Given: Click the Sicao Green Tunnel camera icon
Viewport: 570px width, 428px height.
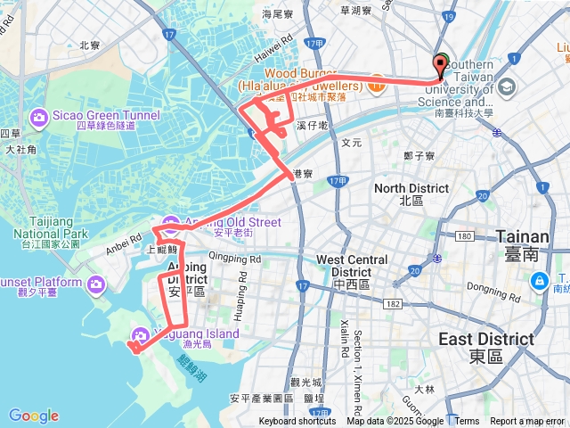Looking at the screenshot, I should pos(39,117).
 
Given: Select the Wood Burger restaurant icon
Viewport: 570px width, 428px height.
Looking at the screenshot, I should pos(376,79).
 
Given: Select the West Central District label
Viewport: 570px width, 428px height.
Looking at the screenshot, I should pos(353,266).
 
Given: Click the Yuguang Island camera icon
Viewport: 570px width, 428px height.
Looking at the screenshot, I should pos(139,335).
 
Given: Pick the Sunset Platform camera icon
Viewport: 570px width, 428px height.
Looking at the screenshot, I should pos(95,284).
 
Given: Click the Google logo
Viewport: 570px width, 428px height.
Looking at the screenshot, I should pos(34,416).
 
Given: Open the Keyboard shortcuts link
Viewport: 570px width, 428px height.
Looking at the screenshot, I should pos(297,422).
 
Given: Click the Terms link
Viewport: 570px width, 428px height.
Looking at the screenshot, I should pos(467,422).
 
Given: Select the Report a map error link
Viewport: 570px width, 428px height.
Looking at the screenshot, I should pos(527,422).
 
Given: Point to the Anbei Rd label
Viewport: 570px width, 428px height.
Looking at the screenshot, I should pos(124,239).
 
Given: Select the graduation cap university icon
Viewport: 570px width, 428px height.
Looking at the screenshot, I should pos(507,86).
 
